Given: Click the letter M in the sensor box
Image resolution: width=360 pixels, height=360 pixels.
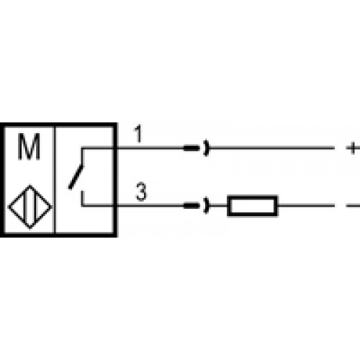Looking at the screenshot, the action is pyautogui.click(x=29, y=146).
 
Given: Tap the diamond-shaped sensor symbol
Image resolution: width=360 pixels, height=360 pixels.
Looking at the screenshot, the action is pyautogui.click(x=30, y=207).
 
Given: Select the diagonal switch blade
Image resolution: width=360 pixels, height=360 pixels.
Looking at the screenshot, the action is pyautogui.click(x=76, y=177).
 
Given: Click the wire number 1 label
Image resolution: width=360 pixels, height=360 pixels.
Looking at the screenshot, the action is pyautogui.click(x=138, y=134).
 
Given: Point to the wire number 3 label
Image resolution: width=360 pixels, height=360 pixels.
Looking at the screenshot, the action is pyautogui.click(x=141, y=192).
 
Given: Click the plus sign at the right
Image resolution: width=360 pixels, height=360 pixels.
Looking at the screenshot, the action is pyautogui.click(x=353, y=148).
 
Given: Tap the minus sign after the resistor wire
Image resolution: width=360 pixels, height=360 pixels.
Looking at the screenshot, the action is pyautogui.click(x=353, y=206).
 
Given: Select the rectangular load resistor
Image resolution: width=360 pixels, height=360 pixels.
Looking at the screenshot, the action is pyautogui.click(x=253, y=206).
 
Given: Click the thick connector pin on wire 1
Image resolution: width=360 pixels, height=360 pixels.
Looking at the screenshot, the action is pyautogui.click(x=192, y=148).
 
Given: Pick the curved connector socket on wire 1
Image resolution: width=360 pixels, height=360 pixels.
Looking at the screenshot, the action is pyautogui.click(x=207, y=148).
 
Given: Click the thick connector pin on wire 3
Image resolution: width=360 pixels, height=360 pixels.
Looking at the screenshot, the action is pyautogui.click(x=192, y=206).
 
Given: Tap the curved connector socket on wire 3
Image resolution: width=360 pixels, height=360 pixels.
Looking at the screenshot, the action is pyautogui.click(x=207, y=206).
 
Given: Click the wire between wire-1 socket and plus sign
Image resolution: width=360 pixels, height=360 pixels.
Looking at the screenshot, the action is pyautogui.click(x=271, y=148).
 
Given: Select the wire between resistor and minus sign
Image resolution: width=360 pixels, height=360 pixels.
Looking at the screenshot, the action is pyautogui.click(x=306, y=206).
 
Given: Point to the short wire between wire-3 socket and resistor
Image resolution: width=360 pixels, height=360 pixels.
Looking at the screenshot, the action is pyautogui.click(x=218, y=206).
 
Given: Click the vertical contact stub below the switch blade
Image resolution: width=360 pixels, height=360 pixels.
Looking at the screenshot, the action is pyautogui.click(x=82, y=198).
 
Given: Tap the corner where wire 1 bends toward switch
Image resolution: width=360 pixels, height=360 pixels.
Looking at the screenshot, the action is pyautogui.click(x=82, y=148).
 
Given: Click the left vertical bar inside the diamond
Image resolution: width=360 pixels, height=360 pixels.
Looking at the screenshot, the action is pyautogui.click(x=24, y=207).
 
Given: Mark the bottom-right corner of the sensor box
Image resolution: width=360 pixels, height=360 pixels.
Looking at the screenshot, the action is pyautogui.click(x=115, y=235).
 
